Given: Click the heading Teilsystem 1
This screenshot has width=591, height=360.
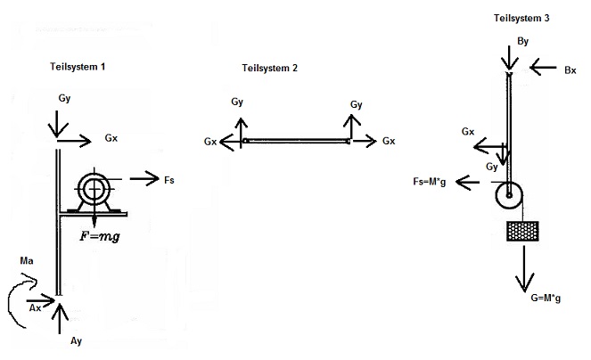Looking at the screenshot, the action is [78, 67].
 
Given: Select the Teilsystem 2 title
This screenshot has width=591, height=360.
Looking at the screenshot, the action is [269, 69].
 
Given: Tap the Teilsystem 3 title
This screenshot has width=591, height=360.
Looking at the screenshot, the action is [521, 18].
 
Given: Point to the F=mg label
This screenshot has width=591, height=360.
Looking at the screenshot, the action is [100, 237].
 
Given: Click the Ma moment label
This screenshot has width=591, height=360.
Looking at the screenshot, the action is [27, 261].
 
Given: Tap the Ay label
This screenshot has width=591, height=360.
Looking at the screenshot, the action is [76, 341].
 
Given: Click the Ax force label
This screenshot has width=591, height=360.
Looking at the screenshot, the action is [35, 308].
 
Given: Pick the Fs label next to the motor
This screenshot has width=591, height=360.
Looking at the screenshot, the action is [169, 180].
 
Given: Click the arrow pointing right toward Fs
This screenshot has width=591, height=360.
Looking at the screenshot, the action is [144, 179].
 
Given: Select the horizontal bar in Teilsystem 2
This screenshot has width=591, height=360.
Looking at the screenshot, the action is [296, 142].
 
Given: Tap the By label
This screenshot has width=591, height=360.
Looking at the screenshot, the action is [522, 41].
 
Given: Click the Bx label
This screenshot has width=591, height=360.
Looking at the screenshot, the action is [570, 70].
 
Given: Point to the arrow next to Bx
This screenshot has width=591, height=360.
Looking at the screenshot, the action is [543, 68].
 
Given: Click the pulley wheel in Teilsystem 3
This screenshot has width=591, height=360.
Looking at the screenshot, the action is [509, 195].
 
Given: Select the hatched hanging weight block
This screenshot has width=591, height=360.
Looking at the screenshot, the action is [522, 231].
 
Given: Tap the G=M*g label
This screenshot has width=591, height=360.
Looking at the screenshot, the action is [546, 298].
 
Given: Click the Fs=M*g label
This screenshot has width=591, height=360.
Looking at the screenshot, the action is [430, 182].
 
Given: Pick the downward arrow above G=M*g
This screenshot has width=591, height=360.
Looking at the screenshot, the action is [524, 269].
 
